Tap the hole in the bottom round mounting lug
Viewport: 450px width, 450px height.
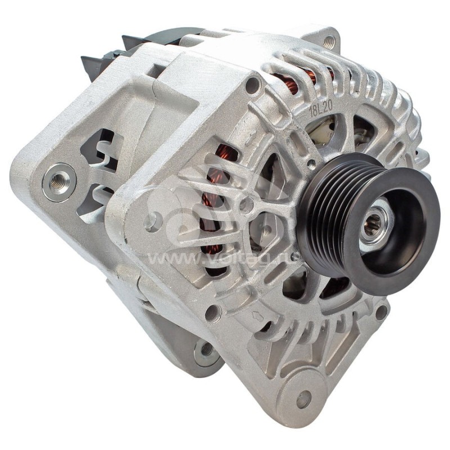point(304,399)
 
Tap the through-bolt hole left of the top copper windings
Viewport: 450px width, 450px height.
point(253,85)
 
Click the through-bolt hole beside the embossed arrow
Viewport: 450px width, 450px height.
point(213,313)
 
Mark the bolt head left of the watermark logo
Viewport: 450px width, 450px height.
point(153,221)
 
